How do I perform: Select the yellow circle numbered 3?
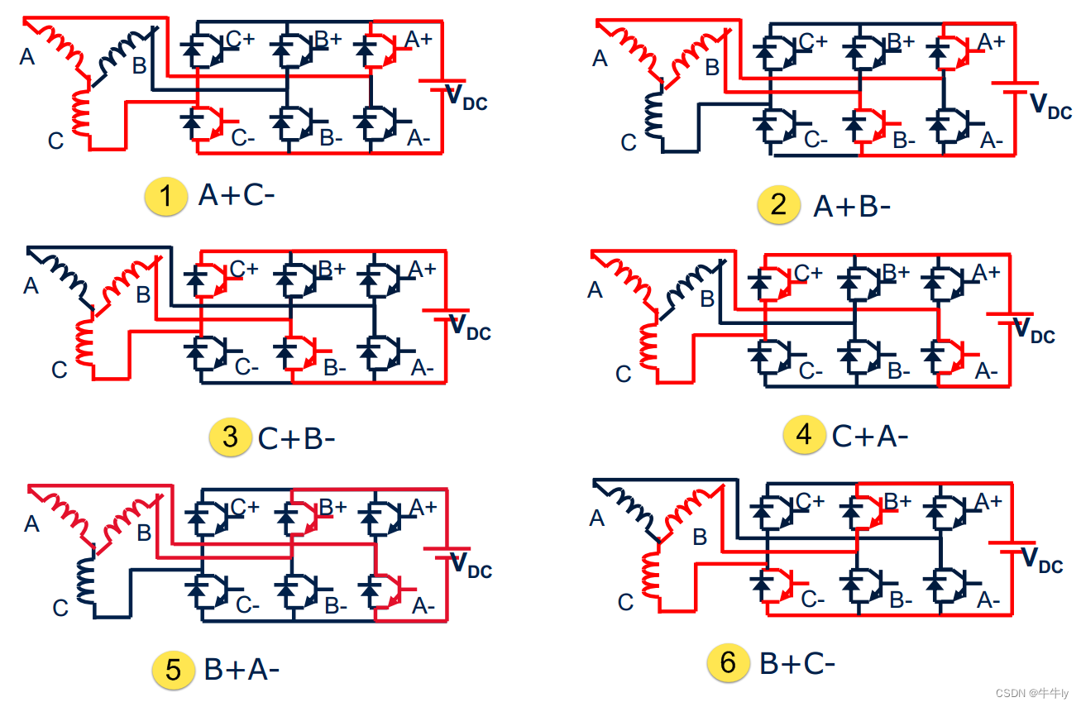[x=230, y=437]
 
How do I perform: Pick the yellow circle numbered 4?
[x=805, y=435]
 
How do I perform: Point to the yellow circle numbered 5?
[x=173, y=669]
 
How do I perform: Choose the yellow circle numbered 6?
[x=728, y=662]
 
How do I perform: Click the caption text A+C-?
[x=236, y=197]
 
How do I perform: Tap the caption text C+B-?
[x=296, y=437]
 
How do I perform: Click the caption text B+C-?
[x=797, y=663]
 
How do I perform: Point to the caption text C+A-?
[x=869, y=436]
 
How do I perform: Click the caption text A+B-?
[x=851, y=206]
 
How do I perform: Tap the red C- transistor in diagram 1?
[x=205, y=122]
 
